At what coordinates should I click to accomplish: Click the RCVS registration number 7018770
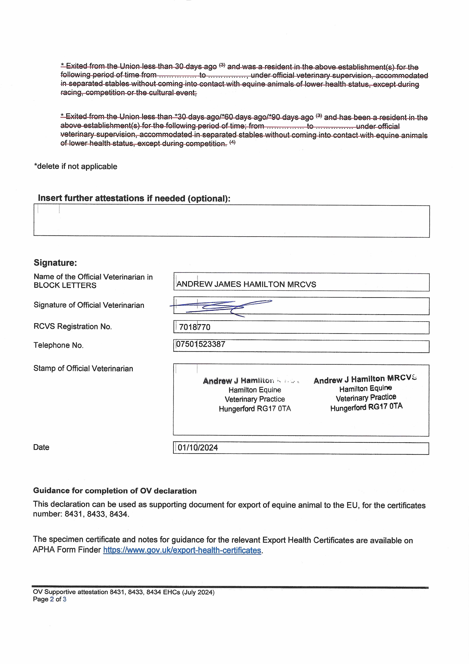coord(195,327)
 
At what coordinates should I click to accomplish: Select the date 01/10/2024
coord(198,448)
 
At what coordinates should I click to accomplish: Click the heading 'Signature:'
coord(55,263)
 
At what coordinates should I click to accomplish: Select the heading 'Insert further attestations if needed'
coord(134,198)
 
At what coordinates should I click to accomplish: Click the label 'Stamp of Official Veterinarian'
coord(83,368)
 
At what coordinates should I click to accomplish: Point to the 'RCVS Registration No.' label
coord(73,327)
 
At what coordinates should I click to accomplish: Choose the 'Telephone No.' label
coord(58,345)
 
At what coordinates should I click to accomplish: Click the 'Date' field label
coord(41,447)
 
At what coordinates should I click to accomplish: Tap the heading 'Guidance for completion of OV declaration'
coord(115,491)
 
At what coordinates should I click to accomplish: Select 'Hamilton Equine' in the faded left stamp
coord(255,390)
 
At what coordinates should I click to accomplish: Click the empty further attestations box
coord(231,221)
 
